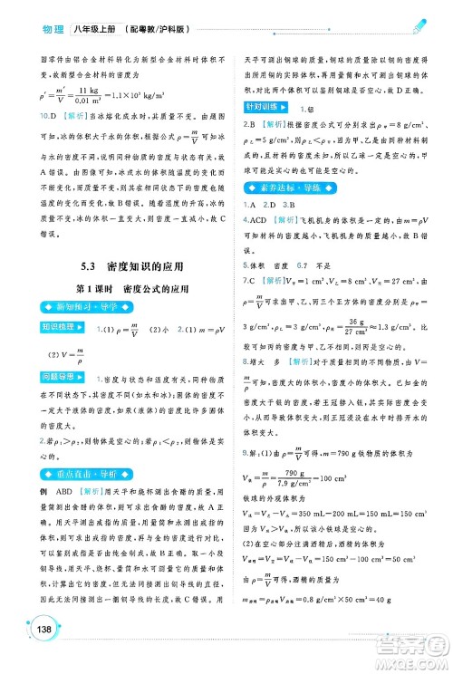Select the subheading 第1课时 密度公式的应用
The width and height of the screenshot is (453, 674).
coord(133,289)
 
